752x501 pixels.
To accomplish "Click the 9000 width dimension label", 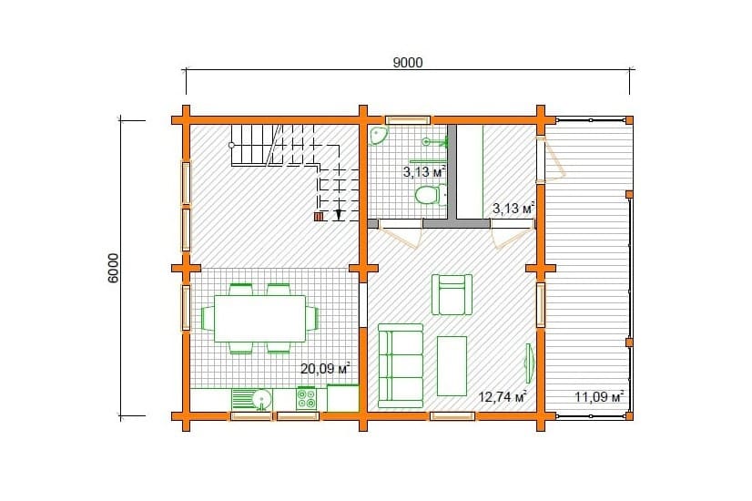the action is [408, 63].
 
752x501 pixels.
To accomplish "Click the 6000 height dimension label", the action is [113, 268].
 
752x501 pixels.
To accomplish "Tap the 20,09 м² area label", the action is [325, 369].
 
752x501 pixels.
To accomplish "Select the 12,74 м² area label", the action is [503, 396].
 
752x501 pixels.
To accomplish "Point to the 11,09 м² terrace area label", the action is [599, 397].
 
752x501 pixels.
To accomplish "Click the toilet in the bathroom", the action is [428, 195].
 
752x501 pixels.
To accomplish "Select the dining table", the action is [260, 318].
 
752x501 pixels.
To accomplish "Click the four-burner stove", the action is [307, 399].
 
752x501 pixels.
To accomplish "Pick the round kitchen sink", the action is [261, 399].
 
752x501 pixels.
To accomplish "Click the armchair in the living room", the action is [452, 294].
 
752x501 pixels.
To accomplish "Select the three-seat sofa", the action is [401, 365].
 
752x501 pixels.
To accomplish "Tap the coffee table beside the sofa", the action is [452, 365].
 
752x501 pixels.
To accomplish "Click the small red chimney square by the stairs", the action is [319, 217].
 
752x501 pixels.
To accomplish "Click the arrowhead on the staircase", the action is [339, 216].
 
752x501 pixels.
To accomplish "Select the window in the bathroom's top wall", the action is [408, 120].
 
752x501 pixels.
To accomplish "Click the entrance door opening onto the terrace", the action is [550, 159].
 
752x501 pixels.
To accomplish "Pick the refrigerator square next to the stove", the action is [343, 398].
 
